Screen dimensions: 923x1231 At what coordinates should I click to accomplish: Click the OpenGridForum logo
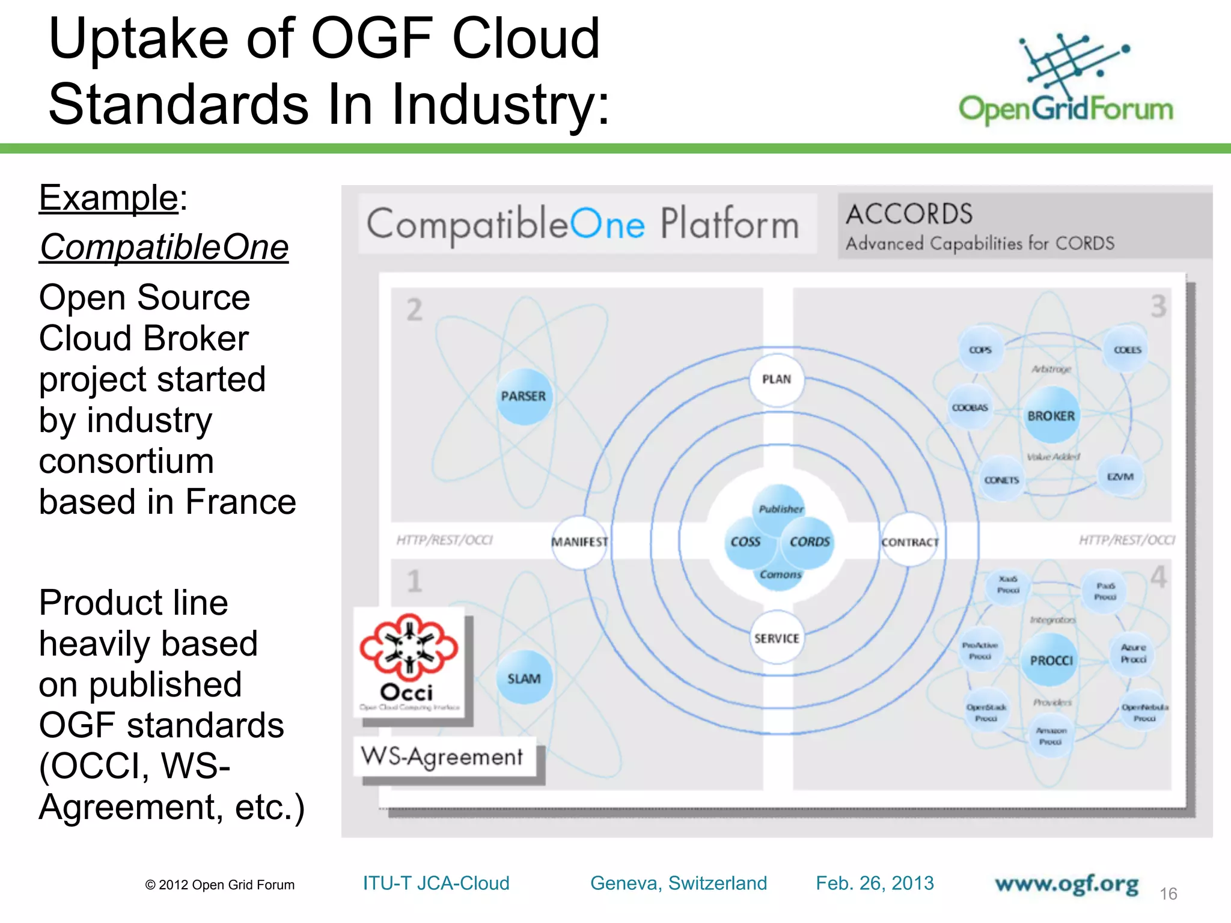coord(1065,78)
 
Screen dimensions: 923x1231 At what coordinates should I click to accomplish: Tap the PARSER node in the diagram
coord(524,397)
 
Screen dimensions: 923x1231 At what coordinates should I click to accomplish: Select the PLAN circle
coord(777,380)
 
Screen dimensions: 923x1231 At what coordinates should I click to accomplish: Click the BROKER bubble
coord(1051,416)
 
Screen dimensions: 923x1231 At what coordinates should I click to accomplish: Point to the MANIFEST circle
coord(580,542)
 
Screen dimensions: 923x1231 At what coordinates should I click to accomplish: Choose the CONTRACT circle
coord(910,542)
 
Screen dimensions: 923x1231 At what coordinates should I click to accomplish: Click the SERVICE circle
coord(777,638)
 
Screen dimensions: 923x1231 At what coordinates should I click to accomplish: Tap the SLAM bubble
coord(524,678)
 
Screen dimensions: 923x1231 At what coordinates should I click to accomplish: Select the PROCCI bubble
coord(1051,660)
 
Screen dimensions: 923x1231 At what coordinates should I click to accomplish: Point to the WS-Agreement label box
coord(442,757)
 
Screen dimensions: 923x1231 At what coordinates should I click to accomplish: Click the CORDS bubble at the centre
coord(809,542)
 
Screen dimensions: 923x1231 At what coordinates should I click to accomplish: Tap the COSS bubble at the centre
coord(746,542)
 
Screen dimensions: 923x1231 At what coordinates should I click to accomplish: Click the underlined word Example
coord(108,198)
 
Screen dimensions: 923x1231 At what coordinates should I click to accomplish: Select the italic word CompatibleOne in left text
coord(163,247)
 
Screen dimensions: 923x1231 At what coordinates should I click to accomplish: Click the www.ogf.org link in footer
coord(1066,884)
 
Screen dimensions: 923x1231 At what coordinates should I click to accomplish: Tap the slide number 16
coord(1168,894)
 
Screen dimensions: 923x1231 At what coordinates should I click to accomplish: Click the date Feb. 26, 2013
coord(875,883)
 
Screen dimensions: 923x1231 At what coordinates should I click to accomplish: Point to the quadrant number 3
coord(1158,306)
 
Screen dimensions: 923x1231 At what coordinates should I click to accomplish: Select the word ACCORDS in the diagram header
coord(909,214)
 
